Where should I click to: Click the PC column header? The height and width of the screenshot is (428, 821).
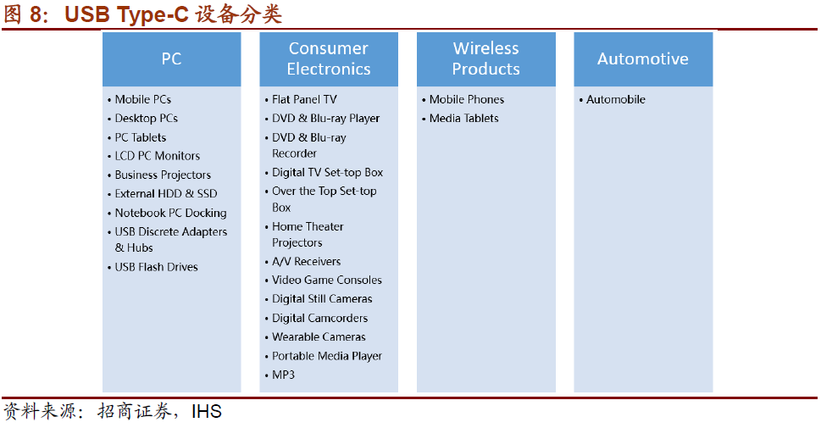coord(172,58)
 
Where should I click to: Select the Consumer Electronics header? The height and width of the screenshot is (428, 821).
coord(329,58)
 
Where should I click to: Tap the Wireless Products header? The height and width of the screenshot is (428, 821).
coord(485,58)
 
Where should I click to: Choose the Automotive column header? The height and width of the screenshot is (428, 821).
coord(643,58)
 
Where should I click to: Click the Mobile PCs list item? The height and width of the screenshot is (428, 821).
coord(143,99)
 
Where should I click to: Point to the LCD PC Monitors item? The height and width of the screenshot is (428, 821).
coord(157,156)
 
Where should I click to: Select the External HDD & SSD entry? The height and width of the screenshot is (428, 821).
coord(166,194)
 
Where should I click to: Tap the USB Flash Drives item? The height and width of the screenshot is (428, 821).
coord(156,267)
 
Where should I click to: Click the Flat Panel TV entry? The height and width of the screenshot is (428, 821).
coord(304,99)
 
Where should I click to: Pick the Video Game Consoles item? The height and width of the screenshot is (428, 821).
coord(327,281)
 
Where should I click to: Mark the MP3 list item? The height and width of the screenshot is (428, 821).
coord(283,375)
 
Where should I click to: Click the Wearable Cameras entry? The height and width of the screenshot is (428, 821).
coord(319,336)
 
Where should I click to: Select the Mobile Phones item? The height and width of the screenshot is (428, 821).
coord(467,99)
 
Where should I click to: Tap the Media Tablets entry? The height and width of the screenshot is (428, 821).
coord(464,119)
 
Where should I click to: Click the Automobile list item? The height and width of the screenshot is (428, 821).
coord(616,99)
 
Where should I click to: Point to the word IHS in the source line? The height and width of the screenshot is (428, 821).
coord(206,412)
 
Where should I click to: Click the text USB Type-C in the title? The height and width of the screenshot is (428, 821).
coord(126,14)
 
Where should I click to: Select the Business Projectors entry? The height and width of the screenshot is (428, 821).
coord(163,175)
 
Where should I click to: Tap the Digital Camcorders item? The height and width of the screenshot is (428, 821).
coord(320,318)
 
